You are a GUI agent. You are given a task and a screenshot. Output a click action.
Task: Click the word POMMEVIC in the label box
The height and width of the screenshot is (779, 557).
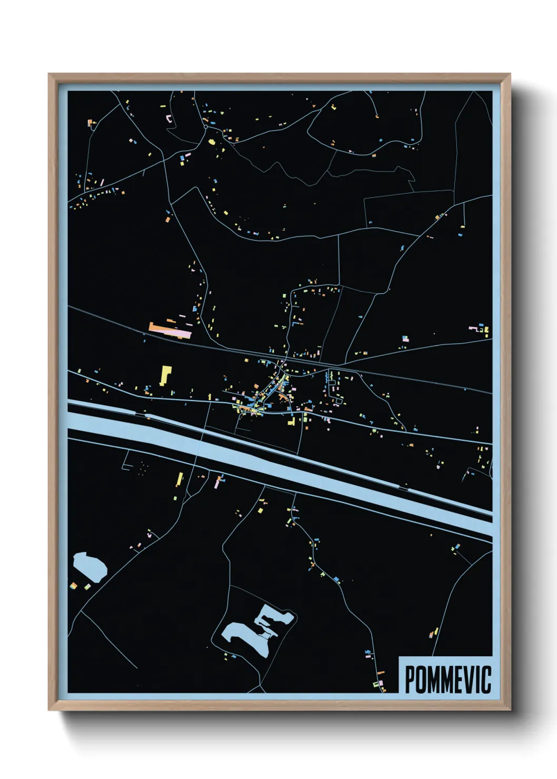447,680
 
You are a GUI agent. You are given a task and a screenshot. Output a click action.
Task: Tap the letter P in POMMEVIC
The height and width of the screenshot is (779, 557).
410,680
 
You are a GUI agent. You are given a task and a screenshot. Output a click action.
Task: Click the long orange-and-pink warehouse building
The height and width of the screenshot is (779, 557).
170,330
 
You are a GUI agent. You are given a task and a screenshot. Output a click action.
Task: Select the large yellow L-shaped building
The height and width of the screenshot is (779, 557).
165,375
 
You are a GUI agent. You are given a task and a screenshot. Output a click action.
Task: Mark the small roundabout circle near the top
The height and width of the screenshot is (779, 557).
205,126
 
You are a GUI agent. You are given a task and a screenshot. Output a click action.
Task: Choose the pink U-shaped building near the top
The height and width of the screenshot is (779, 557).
170,118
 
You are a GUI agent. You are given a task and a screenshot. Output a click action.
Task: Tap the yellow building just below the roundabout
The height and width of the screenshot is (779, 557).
212,141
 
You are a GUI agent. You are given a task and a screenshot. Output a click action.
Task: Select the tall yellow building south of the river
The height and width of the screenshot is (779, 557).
180,480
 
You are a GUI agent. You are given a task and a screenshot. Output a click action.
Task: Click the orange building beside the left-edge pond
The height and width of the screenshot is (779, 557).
74,586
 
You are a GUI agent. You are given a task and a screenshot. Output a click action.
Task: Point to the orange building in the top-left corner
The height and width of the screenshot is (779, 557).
90,123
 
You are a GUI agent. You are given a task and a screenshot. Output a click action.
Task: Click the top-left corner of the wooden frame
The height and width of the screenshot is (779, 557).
49,75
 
